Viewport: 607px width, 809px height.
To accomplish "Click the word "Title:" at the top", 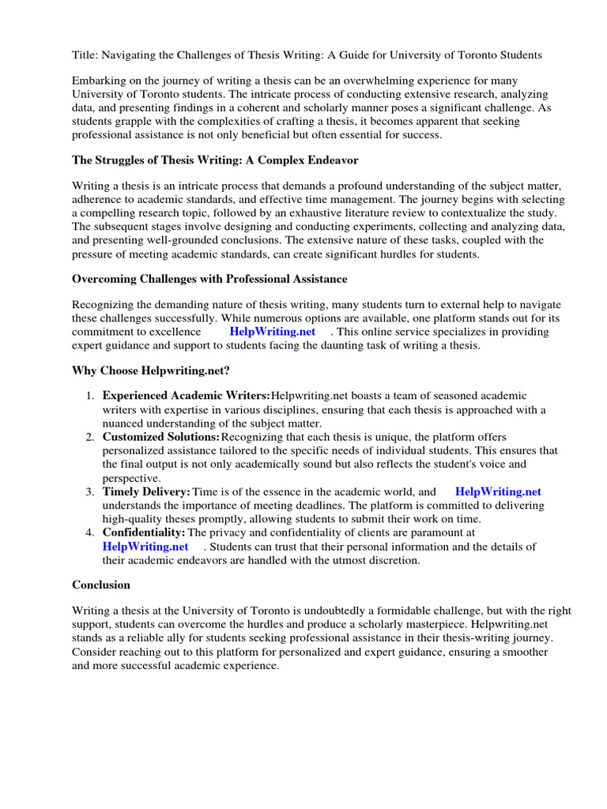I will coord(86,55).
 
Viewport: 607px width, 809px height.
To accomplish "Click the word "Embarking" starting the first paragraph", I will coord(99,81).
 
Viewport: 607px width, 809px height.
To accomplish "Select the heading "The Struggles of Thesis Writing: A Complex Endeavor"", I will coord(215,160).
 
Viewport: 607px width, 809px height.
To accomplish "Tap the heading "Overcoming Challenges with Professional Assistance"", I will coord(209,280).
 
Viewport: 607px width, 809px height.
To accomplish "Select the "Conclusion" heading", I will coord(101,585).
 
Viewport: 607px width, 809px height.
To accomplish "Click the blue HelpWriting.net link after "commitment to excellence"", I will coord(272,332).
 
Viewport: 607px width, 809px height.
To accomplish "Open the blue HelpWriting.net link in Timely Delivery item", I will coord(498,491).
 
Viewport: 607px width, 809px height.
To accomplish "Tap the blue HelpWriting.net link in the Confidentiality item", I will coord(145,546).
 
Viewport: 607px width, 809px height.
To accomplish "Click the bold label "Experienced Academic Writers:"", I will coord(187,396).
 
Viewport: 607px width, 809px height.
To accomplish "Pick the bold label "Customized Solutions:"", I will coord(161,437).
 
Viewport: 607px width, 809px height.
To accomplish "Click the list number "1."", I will coord(91,396).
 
